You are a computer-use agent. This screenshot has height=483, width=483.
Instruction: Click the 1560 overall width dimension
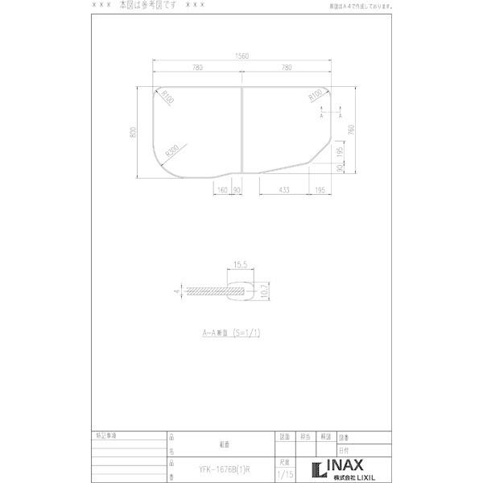pyautogui.click(x=241, y=57)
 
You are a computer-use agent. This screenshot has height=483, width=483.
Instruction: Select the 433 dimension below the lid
pyautogui.click(x=284, y=190)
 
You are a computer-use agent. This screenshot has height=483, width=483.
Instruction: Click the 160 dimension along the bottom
pyautogui.click(x=222, y=190)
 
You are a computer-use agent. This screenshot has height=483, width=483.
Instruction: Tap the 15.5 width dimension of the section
pyautogui.click(x=239, y=264)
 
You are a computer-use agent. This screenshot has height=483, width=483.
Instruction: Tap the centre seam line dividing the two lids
pyautogui.click(x=242, y=133)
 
